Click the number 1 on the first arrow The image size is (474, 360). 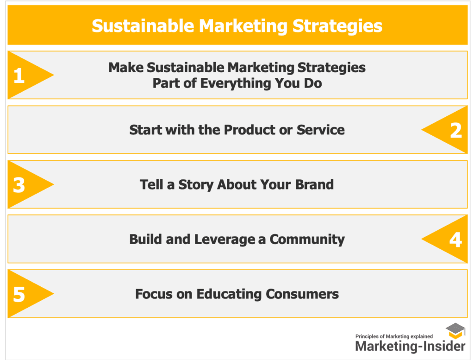point(19,76)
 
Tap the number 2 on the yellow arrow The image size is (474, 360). point(456,130)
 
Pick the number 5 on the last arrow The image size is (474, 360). point(19,294)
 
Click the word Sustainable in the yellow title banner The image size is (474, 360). point(143,26)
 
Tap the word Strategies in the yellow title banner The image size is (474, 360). point(337,26)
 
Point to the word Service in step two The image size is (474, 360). point(320,130)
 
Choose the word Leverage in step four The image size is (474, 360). point(225,240)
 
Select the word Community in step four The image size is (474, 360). point(307,240)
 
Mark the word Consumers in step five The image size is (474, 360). point(302,294)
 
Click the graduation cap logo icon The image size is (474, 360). point(455,331)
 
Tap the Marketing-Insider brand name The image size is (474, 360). point(410,346)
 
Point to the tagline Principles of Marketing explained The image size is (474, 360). point(394,336)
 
